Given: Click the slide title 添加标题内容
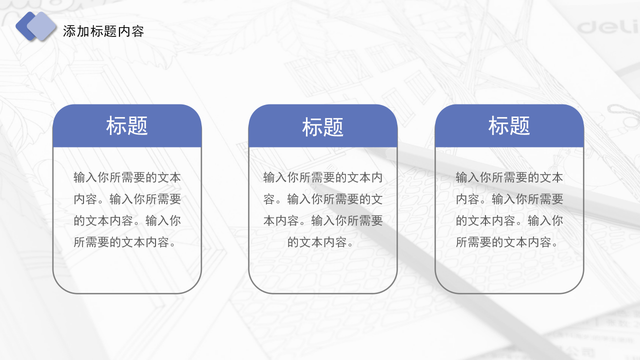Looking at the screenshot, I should (x=103, y=31).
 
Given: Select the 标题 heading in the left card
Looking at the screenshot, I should (x=127, y=126).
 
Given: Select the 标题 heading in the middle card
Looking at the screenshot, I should (x=323, y=127).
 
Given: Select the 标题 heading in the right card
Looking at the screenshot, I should (x=509, y=126).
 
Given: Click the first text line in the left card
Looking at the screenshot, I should (x=127, y=177).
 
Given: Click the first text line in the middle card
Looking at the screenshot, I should (x=323, y=177).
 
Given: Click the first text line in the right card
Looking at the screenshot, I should (x=509, y=177).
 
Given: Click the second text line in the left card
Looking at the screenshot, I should (x=127, y=199).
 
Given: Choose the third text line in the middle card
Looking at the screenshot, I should (x=323, y=220).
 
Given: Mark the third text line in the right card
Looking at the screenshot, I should (x=509, y=220).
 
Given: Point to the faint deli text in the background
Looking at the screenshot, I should (x=608, y=26).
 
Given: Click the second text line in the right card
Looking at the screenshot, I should (x=509, y=199).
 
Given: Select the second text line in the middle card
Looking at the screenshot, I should (x=323, y=199).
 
